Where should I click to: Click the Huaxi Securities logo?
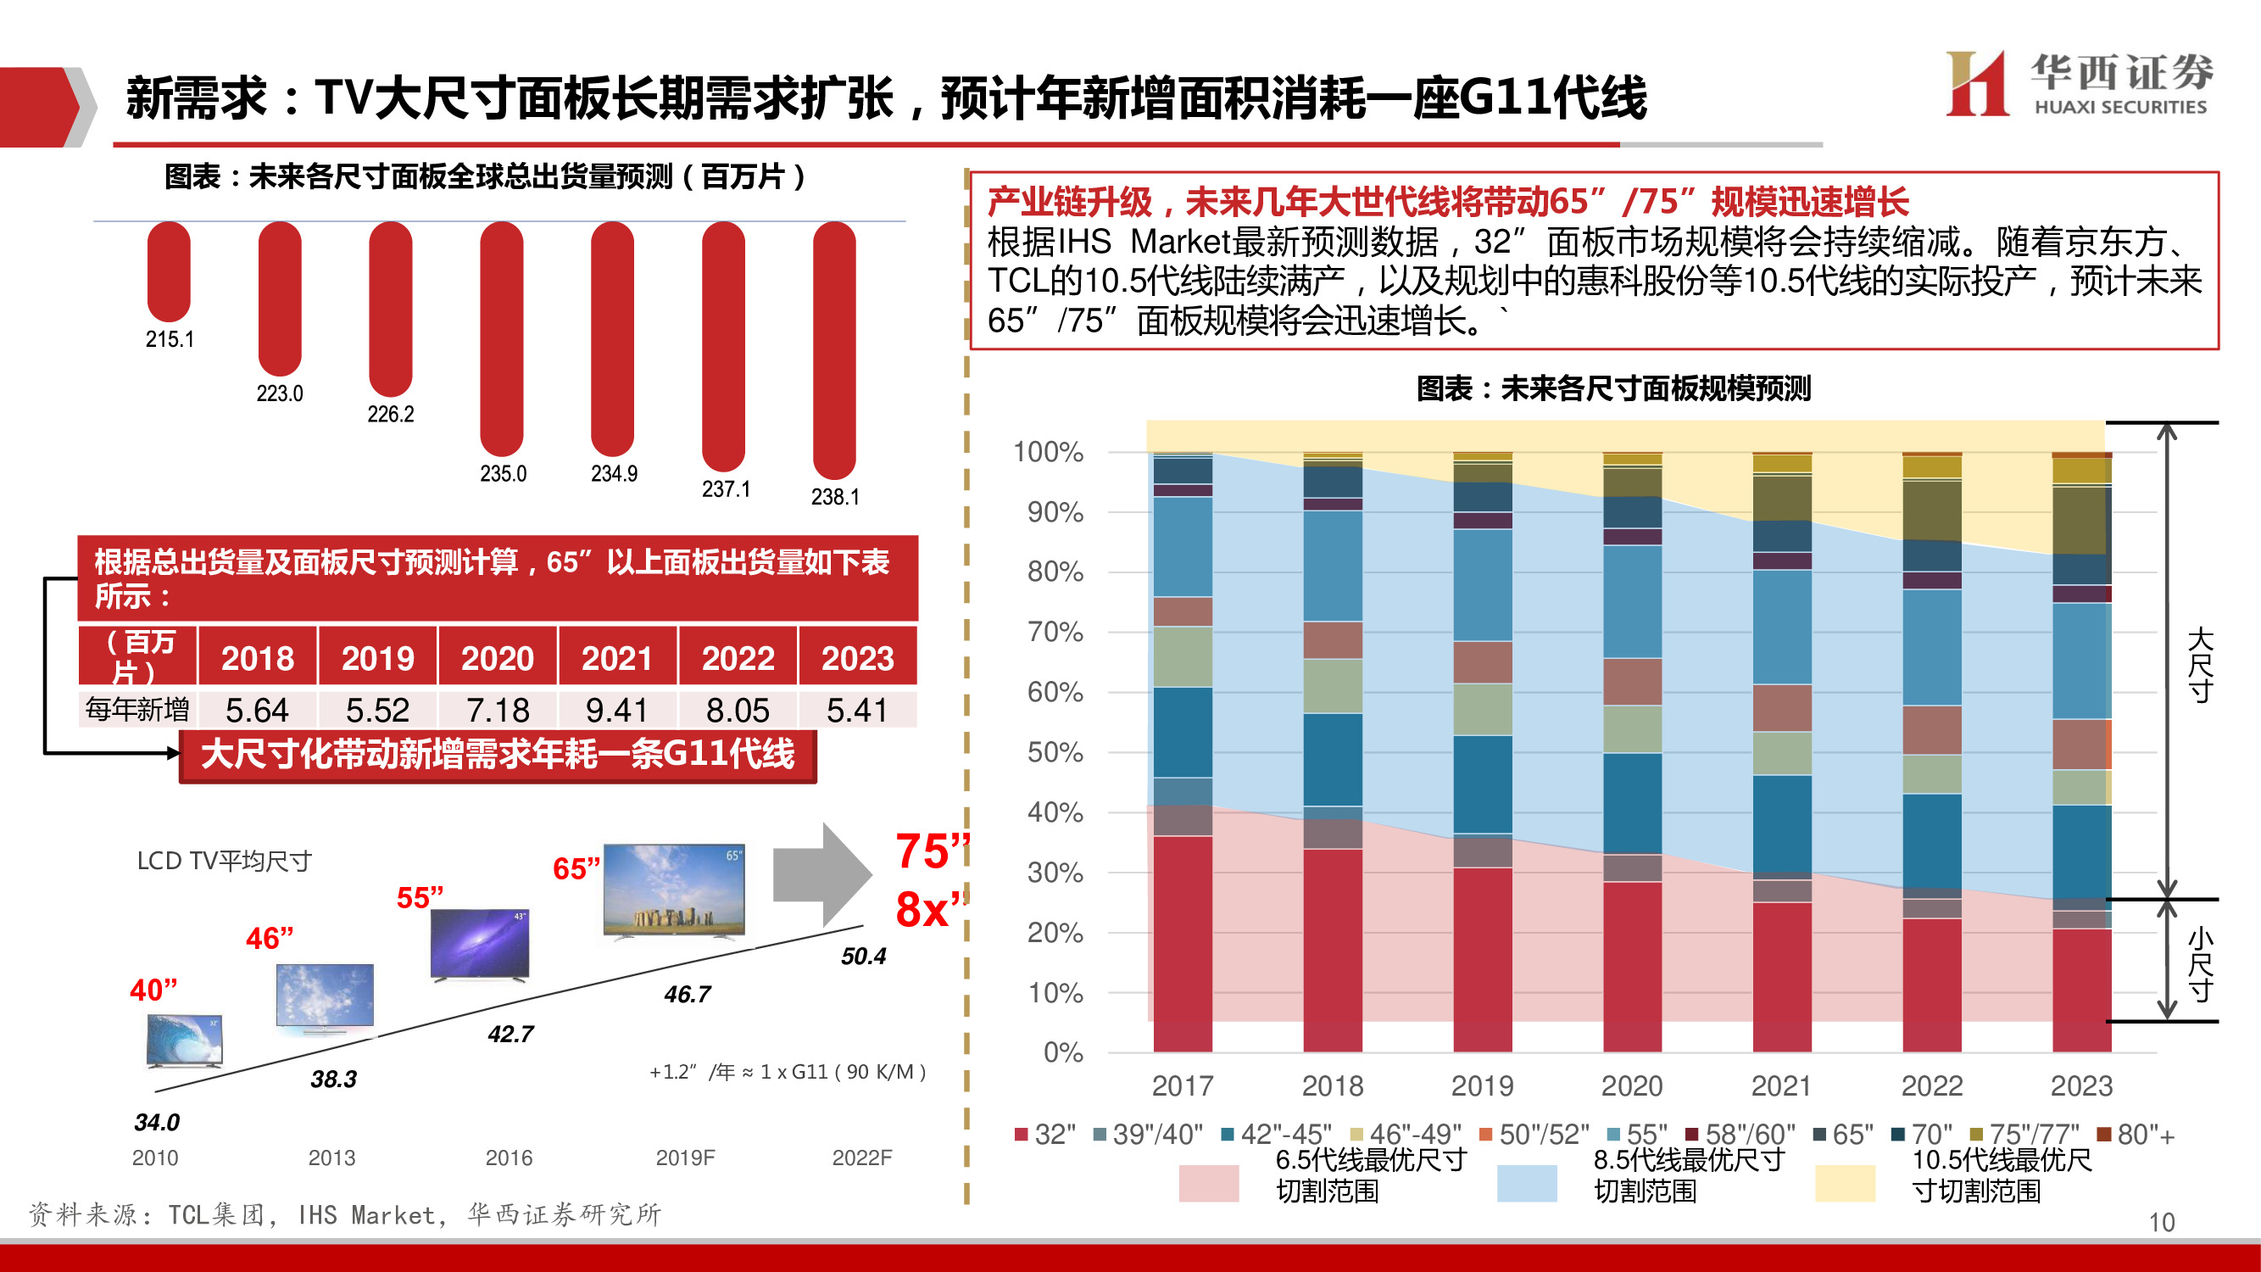(2079, 83)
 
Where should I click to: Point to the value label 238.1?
(835, 497)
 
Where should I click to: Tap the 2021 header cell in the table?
(616, 657)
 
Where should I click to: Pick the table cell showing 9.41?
(616, 709)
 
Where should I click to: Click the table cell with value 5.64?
(256, 709)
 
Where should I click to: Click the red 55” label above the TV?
(420, 897)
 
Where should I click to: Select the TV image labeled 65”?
(674, 891)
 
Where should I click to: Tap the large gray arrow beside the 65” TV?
(821, 874)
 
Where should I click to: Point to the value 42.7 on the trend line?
(511, 1034)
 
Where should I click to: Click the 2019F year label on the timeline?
(685, 1158)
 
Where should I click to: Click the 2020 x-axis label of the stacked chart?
(1632, 1086)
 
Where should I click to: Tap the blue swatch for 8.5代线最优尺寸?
(1526, 1182)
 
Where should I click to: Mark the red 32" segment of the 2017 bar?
(1183, 944)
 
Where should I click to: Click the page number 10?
(2161, 1222)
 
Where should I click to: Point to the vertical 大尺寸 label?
(2200, 665)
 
